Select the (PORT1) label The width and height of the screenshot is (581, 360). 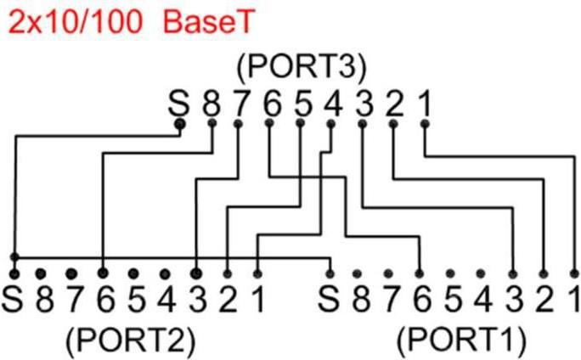point(460,340)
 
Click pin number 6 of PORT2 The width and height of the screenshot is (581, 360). point(103,300)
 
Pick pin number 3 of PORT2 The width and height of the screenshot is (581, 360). point(196,300)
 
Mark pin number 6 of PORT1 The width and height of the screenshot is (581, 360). point(420,300)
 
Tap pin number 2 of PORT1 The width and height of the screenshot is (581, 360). point(544,300)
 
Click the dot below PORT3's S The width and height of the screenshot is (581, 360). point(179,125)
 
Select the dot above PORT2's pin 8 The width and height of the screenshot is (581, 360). point(40,273)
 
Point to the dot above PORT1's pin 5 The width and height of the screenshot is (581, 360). point(451,273)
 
